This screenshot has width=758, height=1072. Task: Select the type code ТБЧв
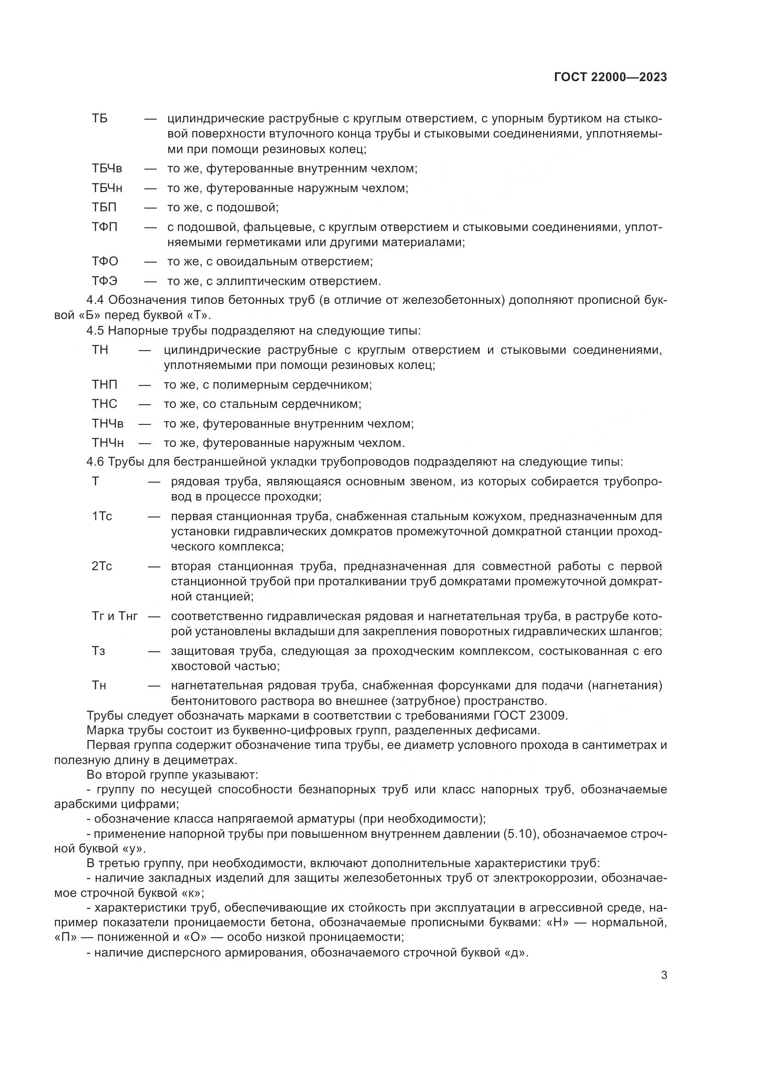[x=107, y=168]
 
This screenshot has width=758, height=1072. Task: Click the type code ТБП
[x=104, y=207]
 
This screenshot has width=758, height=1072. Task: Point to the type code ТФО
[x=105, y=261]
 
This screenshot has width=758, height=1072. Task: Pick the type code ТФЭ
[x=104, y=280]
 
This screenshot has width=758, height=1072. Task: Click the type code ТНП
[x=104, y=385]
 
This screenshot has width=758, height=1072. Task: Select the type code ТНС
[x=104, y=404]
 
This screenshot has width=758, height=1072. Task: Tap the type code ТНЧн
[x=108, y=443]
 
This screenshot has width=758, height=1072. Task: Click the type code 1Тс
[x=102, y=516]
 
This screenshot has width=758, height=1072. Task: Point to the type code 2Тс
[x=102, y=566]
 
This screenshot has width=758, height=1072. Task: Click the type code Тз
[x=99, y=650]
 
